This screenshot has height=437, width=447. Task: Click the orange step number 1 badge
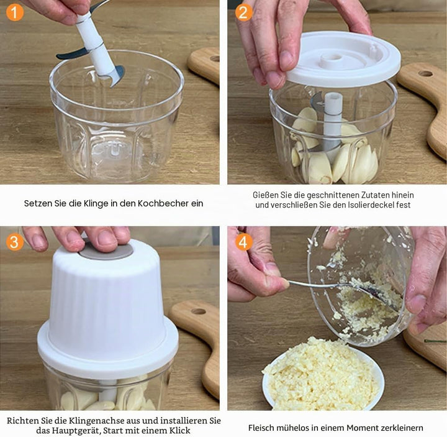coord(14,12)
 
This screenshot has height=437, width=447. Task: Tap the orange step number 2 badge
coord(244,12)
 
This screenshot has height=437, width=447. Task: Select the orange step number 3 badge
coord(14,242)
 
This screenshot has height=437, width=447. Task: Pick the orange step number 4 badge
coord(244,242)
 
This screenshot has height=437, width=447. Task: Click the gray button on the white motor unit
coord(106,252)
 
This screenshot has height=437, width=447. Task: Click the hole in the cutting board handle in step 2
coord(425,73)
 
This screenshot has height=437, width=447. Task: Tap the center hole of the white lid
coord(331,57)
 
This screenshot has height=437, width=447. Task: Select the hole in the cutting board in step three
coord(199,311)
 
